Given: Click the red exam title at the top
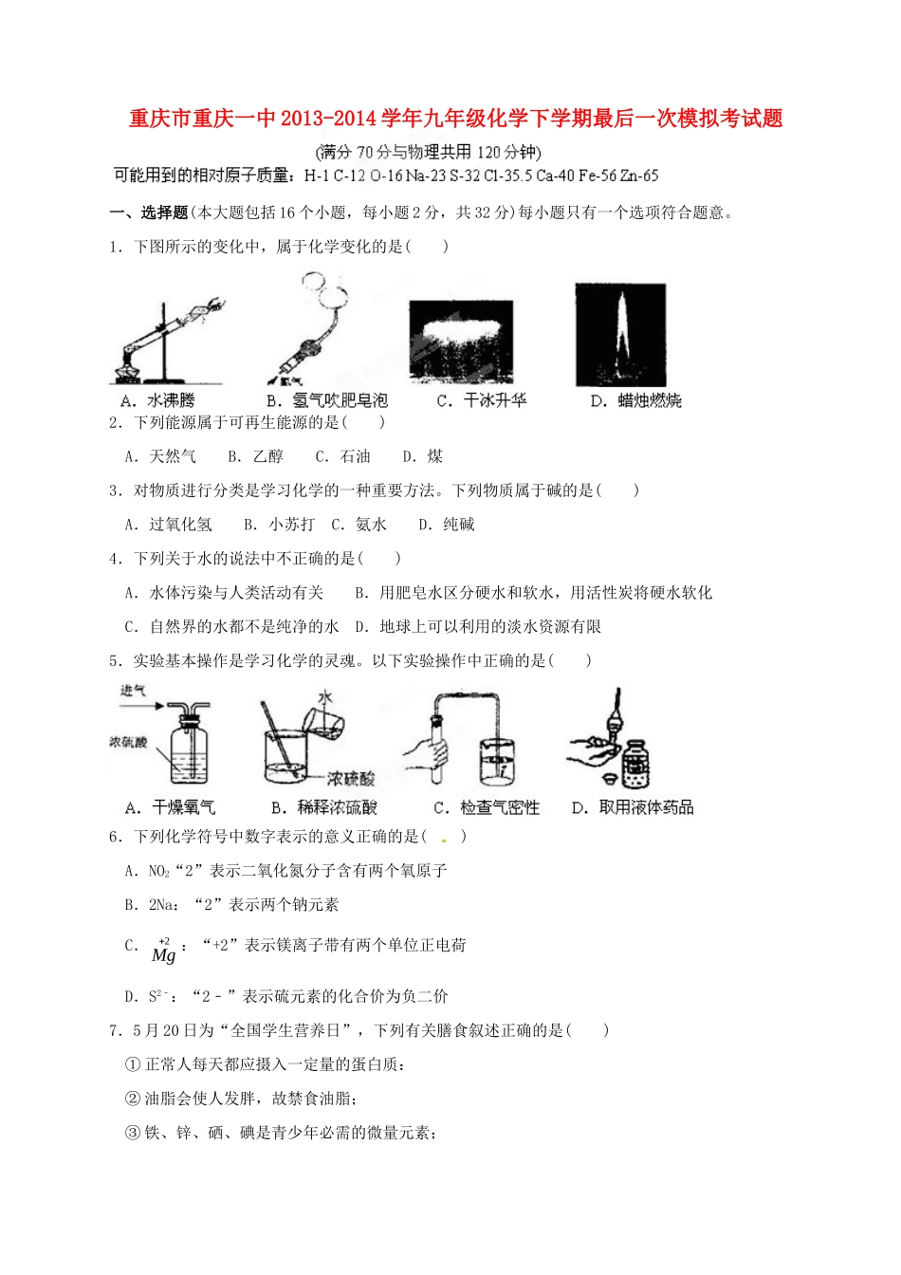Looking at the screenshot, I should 455,119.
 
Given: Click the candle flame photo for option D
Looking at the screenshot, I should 620,333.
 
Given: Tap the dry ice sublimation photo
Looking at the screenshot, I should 461,342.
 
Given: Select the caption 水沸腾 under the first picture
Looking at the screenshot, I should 171,400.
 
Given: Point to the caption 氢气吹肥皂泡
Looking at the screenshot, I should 340,400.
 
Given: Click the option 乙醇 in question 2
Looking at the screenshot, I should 268,456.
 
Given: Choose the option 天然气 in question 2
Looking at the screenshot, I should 173,456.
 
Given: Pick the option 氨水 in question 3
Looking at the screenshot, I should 371,525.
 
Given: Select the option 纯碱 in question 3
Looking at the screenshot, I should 459,525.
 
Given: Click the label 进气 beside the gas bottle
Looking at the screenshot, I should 134,691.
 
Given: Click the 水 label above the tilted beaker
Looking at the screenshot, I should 325,697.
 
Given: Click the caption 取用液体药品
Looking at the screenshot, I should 646,807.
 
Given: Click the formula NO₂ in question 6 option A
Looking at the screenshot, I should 158,871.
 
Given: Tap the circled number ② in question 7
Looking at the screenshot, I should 133,1099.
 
